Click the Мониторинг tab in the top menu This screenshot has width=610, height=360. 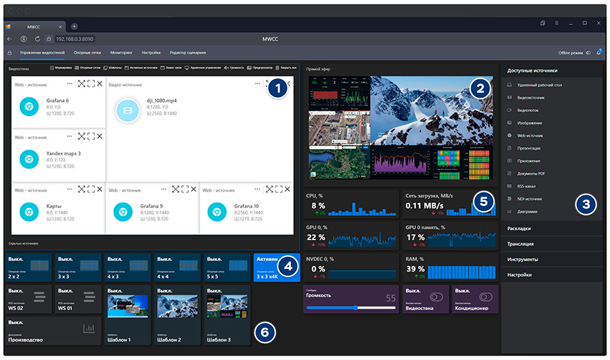121,53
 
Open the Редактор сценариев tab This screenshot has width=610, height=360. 188,53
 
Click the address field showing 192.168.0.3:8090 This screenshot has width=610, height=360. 75,38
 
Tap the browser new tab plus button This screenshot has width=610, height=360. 74,26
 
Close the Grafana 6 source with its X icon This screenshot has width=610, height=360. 99,84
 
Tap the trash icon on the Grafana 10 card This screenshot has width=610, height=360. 269,189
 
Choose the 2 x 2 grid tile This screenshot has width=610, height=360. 29,267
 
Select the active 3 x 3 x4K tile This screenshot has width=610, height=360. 276,267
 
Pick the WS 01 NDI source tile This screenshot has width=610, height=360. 78,299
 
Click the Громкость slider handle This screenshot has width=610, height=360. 355,308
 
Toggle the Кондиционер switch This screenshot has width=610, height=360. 487,297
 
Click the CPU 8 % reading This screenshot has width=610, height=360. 318,205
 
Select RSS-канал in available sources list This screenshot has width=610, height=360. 528,186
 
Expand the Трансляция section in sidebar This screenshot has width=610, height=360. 525,243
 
